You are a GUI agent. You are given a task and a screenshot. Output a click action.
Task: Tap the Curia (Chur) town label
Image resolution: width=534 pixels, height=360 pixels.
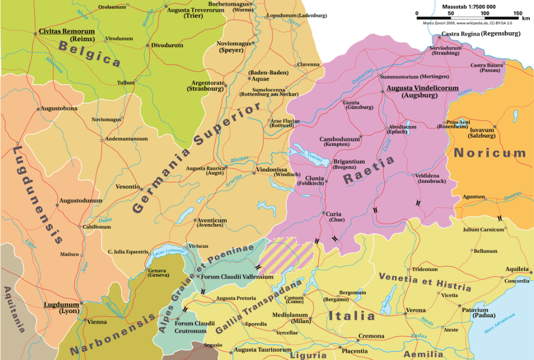334,218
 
